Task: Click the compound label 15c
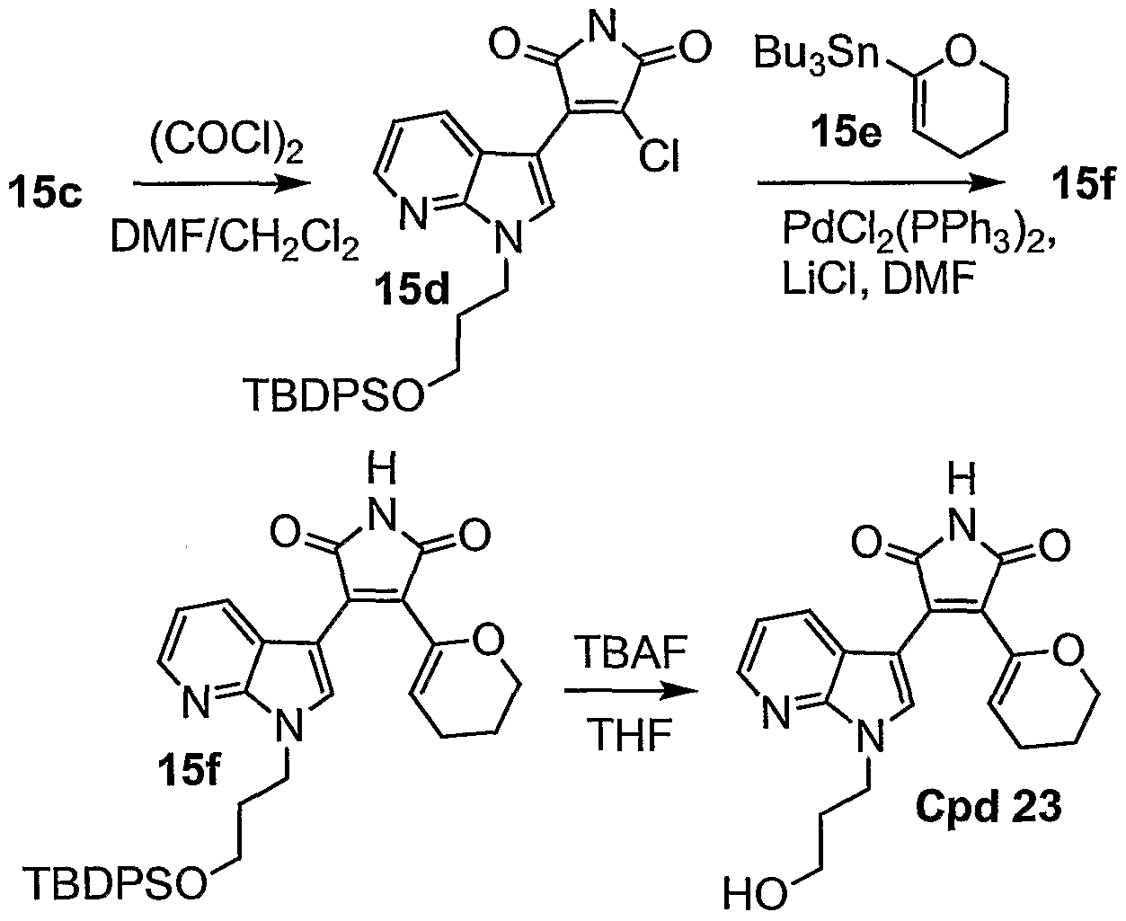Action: click(46, 192)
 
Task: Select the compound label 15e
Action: click(847, 132)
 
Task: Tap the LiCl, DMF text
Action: click(876, 281)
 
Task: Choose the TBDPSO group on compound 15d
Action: click(332, 394)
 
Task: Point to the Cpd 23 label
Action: click(989, 807)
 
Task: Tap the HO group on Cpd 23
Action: click(755, 894)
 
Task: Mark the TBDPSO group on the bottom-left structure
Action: click(114, 883)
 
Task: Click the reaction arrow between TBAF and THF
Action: click(631, 692)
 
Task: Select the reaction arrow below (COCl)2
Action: click(222, 183)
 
